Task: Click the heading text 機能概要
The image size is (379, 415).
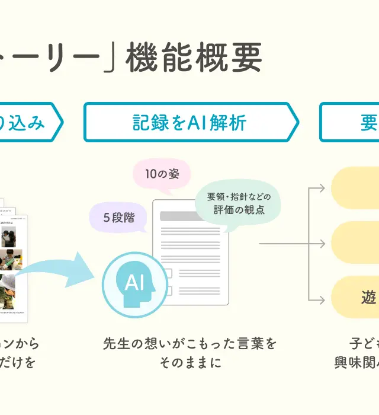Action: pos(194,58)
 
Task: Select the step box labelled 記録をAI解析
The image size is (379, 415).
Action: pos(189,123)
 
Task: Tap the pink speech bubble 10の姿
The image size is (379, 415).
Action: pos(162,174)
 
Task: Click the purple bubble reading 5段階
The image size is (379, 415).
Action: pos(118,218)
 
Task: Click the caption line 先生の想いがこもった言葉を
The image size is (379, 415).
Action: pos(189,343)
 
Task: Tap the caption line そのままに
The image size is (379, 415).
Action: pos(189,362)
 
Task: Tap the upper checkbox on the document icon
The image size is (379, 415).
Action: pos(168,273)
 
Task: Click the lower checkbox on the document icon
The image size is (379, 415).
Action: pos(168,290)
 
